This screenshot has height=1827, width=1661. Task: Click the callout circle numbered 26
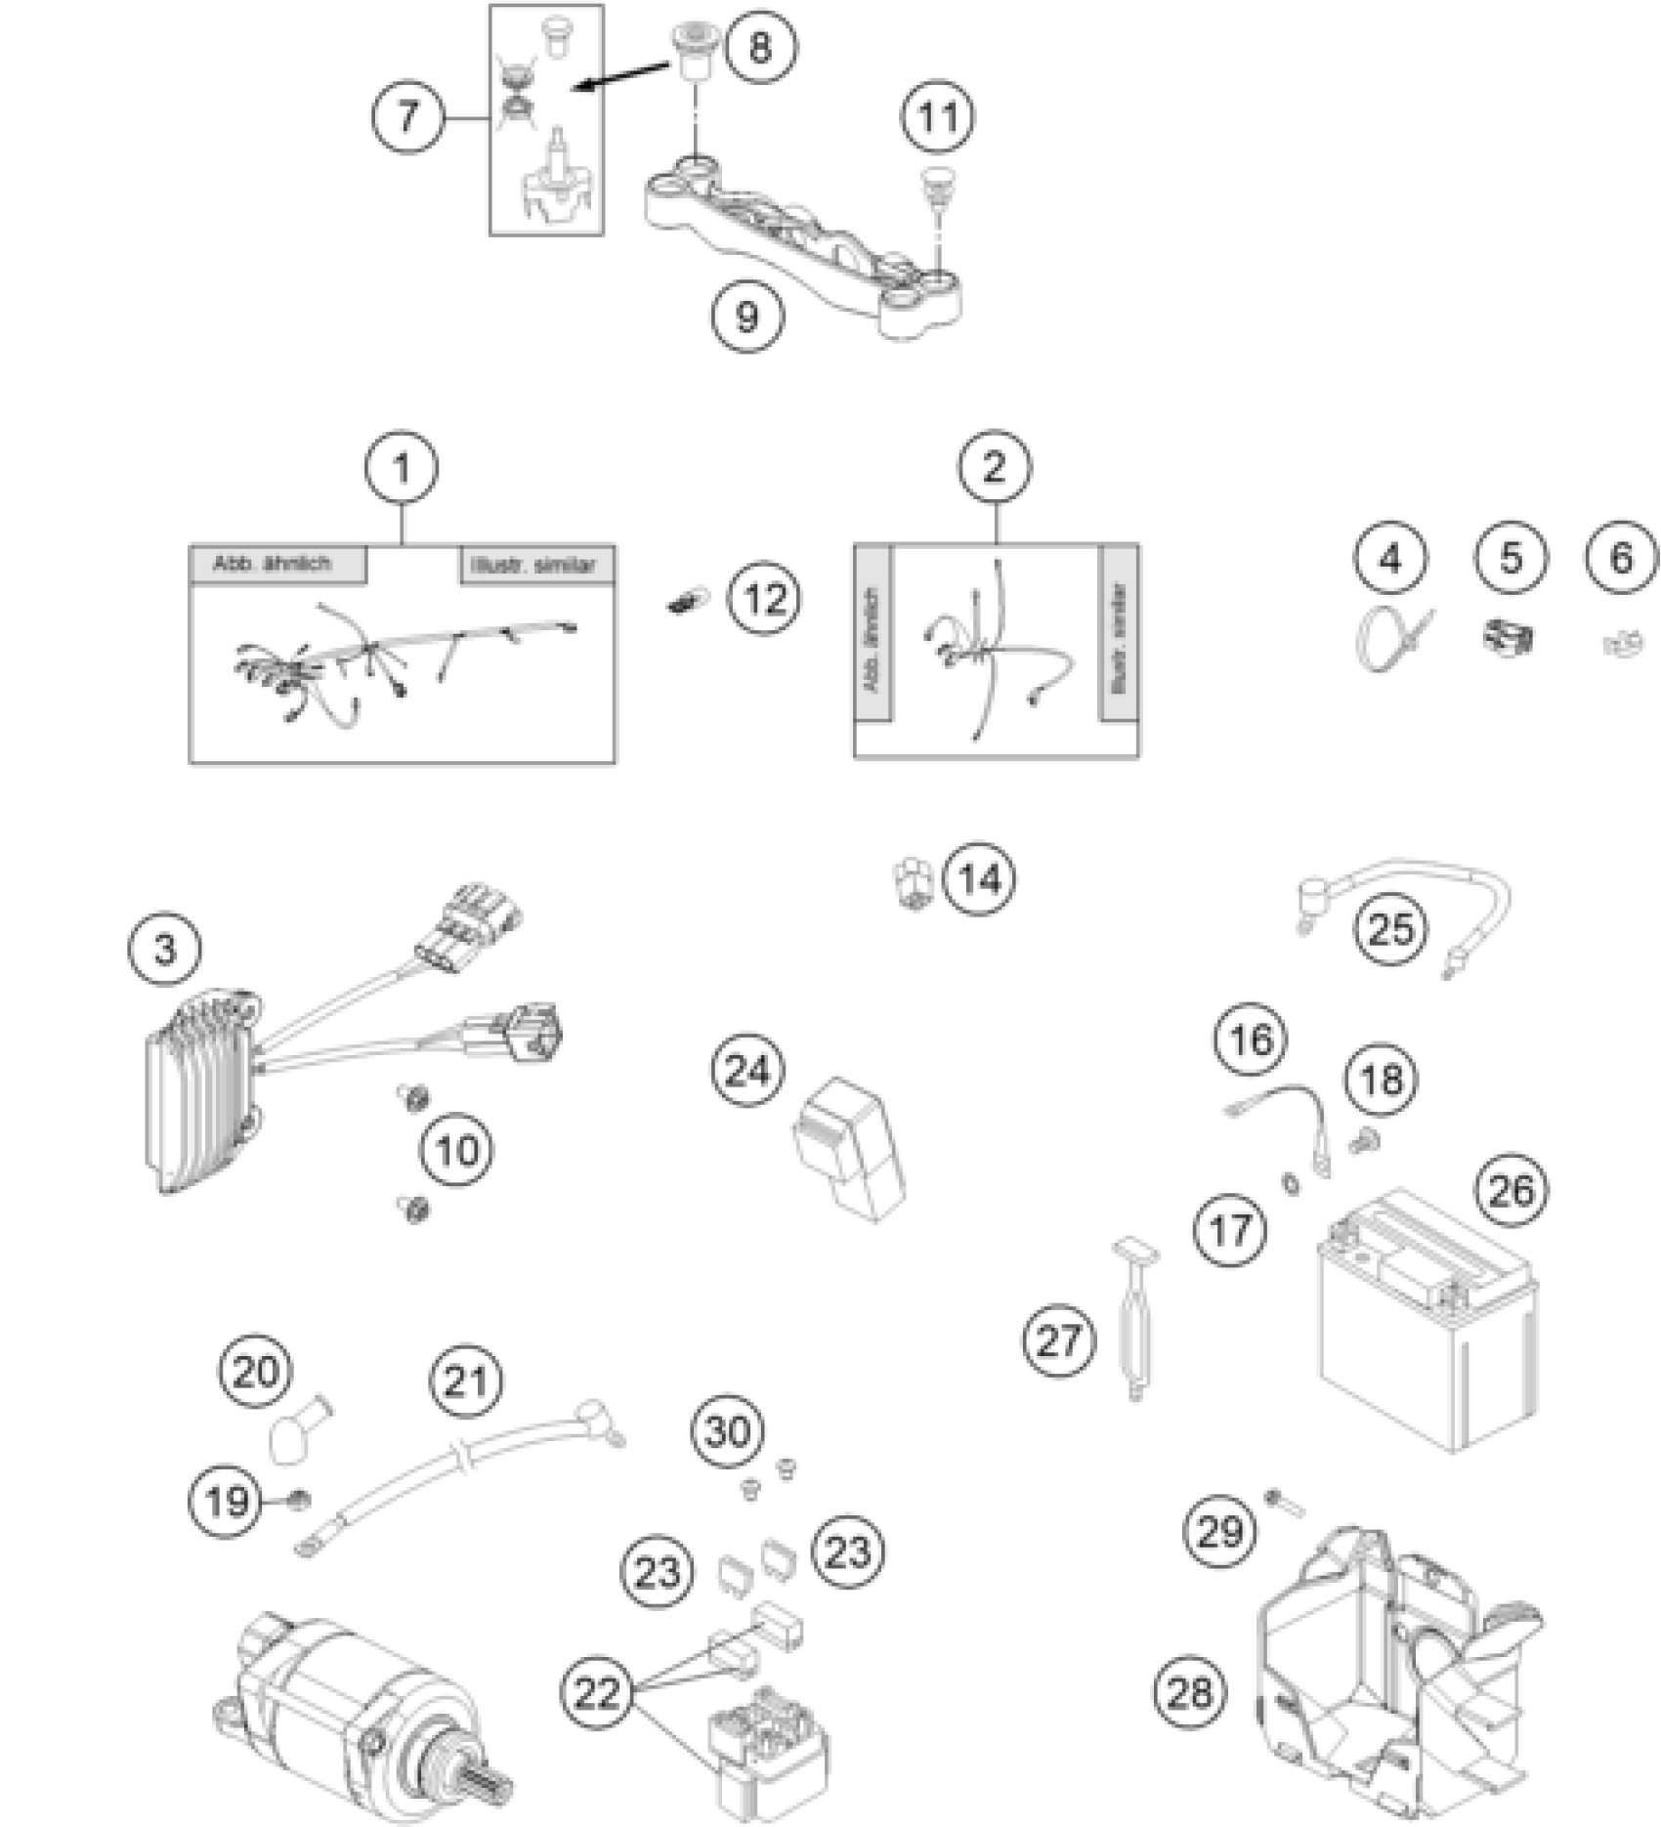click(x=1512, y=1189)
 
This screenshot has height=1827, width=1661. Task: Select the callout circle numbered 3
click(x=165, y=948)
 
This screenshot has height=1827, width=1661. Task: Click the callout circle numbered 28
click(x=1189, y=1691)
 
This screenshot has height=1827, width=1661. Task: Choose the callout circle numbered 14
click(x=979, y=878)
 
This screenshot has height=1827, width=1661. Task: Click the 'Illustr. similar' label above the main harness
click(x=536, y=565)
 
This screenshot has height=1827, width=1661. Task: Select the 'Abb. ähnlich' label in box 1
click(x=274, y=564)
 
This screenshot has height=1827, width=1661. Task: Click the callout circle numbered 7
click(x=406, y=116)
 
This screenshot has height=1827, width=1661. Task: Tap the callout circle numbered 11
click(x=938, y=116)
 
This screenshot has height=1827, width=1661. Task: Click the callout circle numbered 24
click(x=747, y=1071)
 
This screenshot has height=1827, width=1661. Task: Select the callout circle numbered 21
click(x=465, y=1381)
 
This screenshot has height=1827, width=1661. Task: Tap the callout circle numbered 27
click(x=1059, y=1340)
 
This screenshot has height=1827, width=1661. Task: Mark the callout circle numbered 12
click(x=764, y=599)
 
